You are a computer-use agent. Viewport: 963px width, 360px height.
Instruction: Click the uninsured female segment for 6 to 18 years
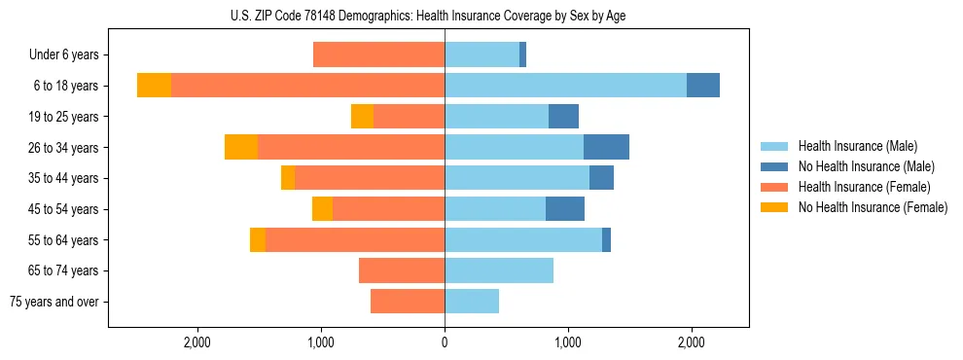click(154, 86)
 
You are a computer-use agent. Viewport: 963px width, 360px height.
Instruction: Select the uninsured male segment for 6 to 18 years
click(703, 86)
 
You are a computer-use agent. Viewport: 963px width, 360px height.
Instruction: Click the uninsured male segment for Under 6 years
click(522, 54)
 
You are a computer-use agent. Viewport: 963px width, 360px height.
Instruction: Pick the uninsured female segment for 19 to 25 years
click(362, 116)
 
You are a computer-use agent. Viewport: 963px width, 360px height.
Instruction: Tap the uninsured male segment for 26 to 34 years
click(606, 147)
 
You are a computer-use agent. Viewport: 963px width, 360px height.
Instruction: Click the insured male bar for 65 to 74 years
click(499, 270)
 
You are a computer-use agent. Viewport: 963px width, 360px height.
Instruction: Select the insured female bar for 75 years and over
click(408, 302)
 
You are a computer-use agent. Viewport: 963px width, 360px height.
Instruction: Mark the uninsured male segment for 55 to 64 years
click(606, 239)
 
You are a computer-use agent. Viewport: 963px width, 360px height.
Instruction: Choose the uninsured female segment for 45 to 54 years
click(322, 208)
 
